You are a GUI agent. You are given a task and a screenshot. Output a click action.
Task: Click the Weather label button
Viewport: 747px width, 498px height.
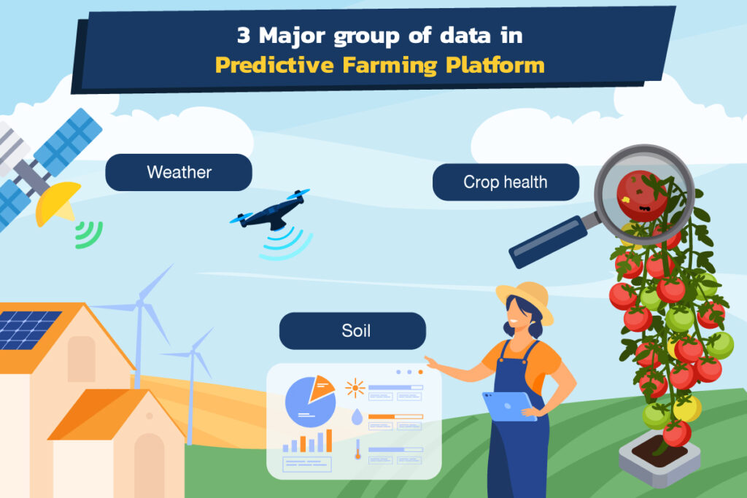click(x=179, y=172)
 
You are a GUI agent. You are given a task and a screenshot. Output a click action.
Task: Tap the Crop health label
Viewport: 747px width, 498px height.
click(x=506, y=182)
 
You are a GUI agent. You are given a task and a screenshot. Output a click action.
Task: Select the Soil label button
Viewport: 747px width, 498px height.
click(x=352, y=331)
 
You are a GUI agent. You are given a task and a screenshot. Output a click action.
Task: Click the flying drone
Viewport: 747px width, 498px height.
click(x=271, y=212)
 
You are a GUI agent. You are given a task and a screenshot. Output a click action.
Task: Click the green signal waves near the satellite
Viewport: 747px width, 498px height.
click(x=90, y=236)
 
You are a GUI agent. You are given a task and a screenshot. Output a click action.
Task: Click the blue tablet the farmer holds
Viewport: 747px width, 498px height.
click(x=508, y=407)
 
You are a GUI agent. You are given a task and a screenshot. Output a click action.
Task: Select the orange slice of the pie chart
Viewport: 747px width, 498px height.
click(x=321, y=388)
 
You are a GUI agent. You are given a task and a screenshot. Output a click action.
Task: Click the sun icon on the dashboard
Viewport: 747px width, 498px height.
click(x=355, y=388)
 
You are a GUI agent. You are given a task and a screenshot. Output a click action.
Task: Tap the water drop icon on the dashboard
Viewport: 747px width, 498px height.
click(x=357, y=416)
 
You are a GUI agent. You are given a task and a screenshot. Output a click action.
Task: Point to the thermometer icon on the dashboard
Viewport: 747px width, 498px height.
click(x=357, y=449)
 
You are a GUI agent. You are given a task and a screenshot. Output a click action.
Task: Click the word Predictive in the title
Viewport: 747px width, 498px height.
click(x=274, y=65)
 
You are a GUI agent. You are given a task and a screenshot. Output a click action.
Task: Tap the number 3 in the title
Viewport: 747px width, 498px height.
click(x=244, y=35)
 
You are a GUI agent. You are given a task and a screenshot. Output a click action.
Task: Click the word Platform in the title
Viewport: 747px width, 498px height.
click(x=495, y=65)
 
